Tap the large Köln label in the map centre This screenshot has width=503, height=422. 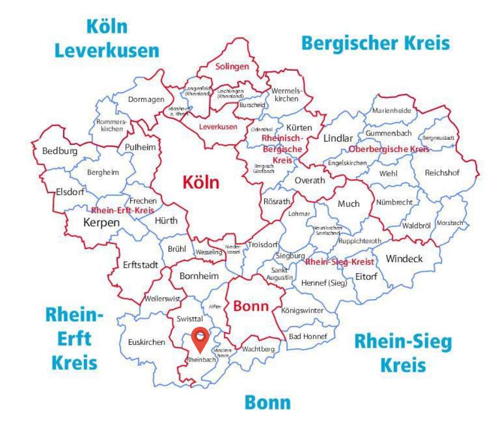[x=201, y=183]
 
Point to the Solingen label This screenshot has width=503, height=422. [x=232, y=67]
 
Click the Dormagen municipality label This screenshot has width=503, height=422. [x=145, y=99]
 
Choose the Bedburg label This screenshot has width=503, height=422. [x=60, y=151]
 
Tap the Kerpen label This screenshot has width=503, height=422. [x=102, y=222]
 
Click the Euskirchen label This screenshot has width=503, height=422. [x=147, y=342]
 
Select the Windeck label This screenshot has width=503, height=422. [x=404, y=259]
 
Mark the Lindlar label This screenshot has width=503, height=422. [x=338, y=138]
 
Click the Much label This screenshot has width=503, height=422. [x=348, y=204]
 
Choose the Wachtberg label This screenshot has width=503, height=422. [x=258, y=349]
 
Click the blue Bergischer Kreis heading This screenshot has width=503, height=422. [x=376, y=42]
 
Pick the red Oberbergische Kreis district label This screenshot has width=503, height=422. [x=389, y=149]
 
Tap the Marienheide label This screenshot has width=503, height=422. [x=392, y=111]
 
